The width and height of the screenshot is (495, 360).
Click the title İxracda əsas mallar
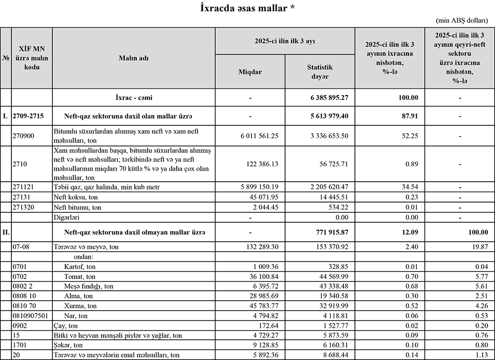(x=248, y=8)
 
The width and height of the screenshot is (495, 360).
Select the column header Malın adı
(x=134, y=58)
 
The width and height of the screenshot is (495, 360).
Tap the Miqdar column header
(x=250, y=72)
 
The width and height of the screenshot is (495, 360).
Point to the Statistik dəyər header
(x=320, y=72)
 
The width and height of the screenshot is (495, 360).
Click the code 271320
(x=24, y=207)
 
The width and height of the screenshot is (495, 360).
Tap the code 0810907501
(x=31, y=315)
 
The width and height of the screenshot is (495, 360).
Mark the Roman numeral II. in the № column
(x=6, y=232)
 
